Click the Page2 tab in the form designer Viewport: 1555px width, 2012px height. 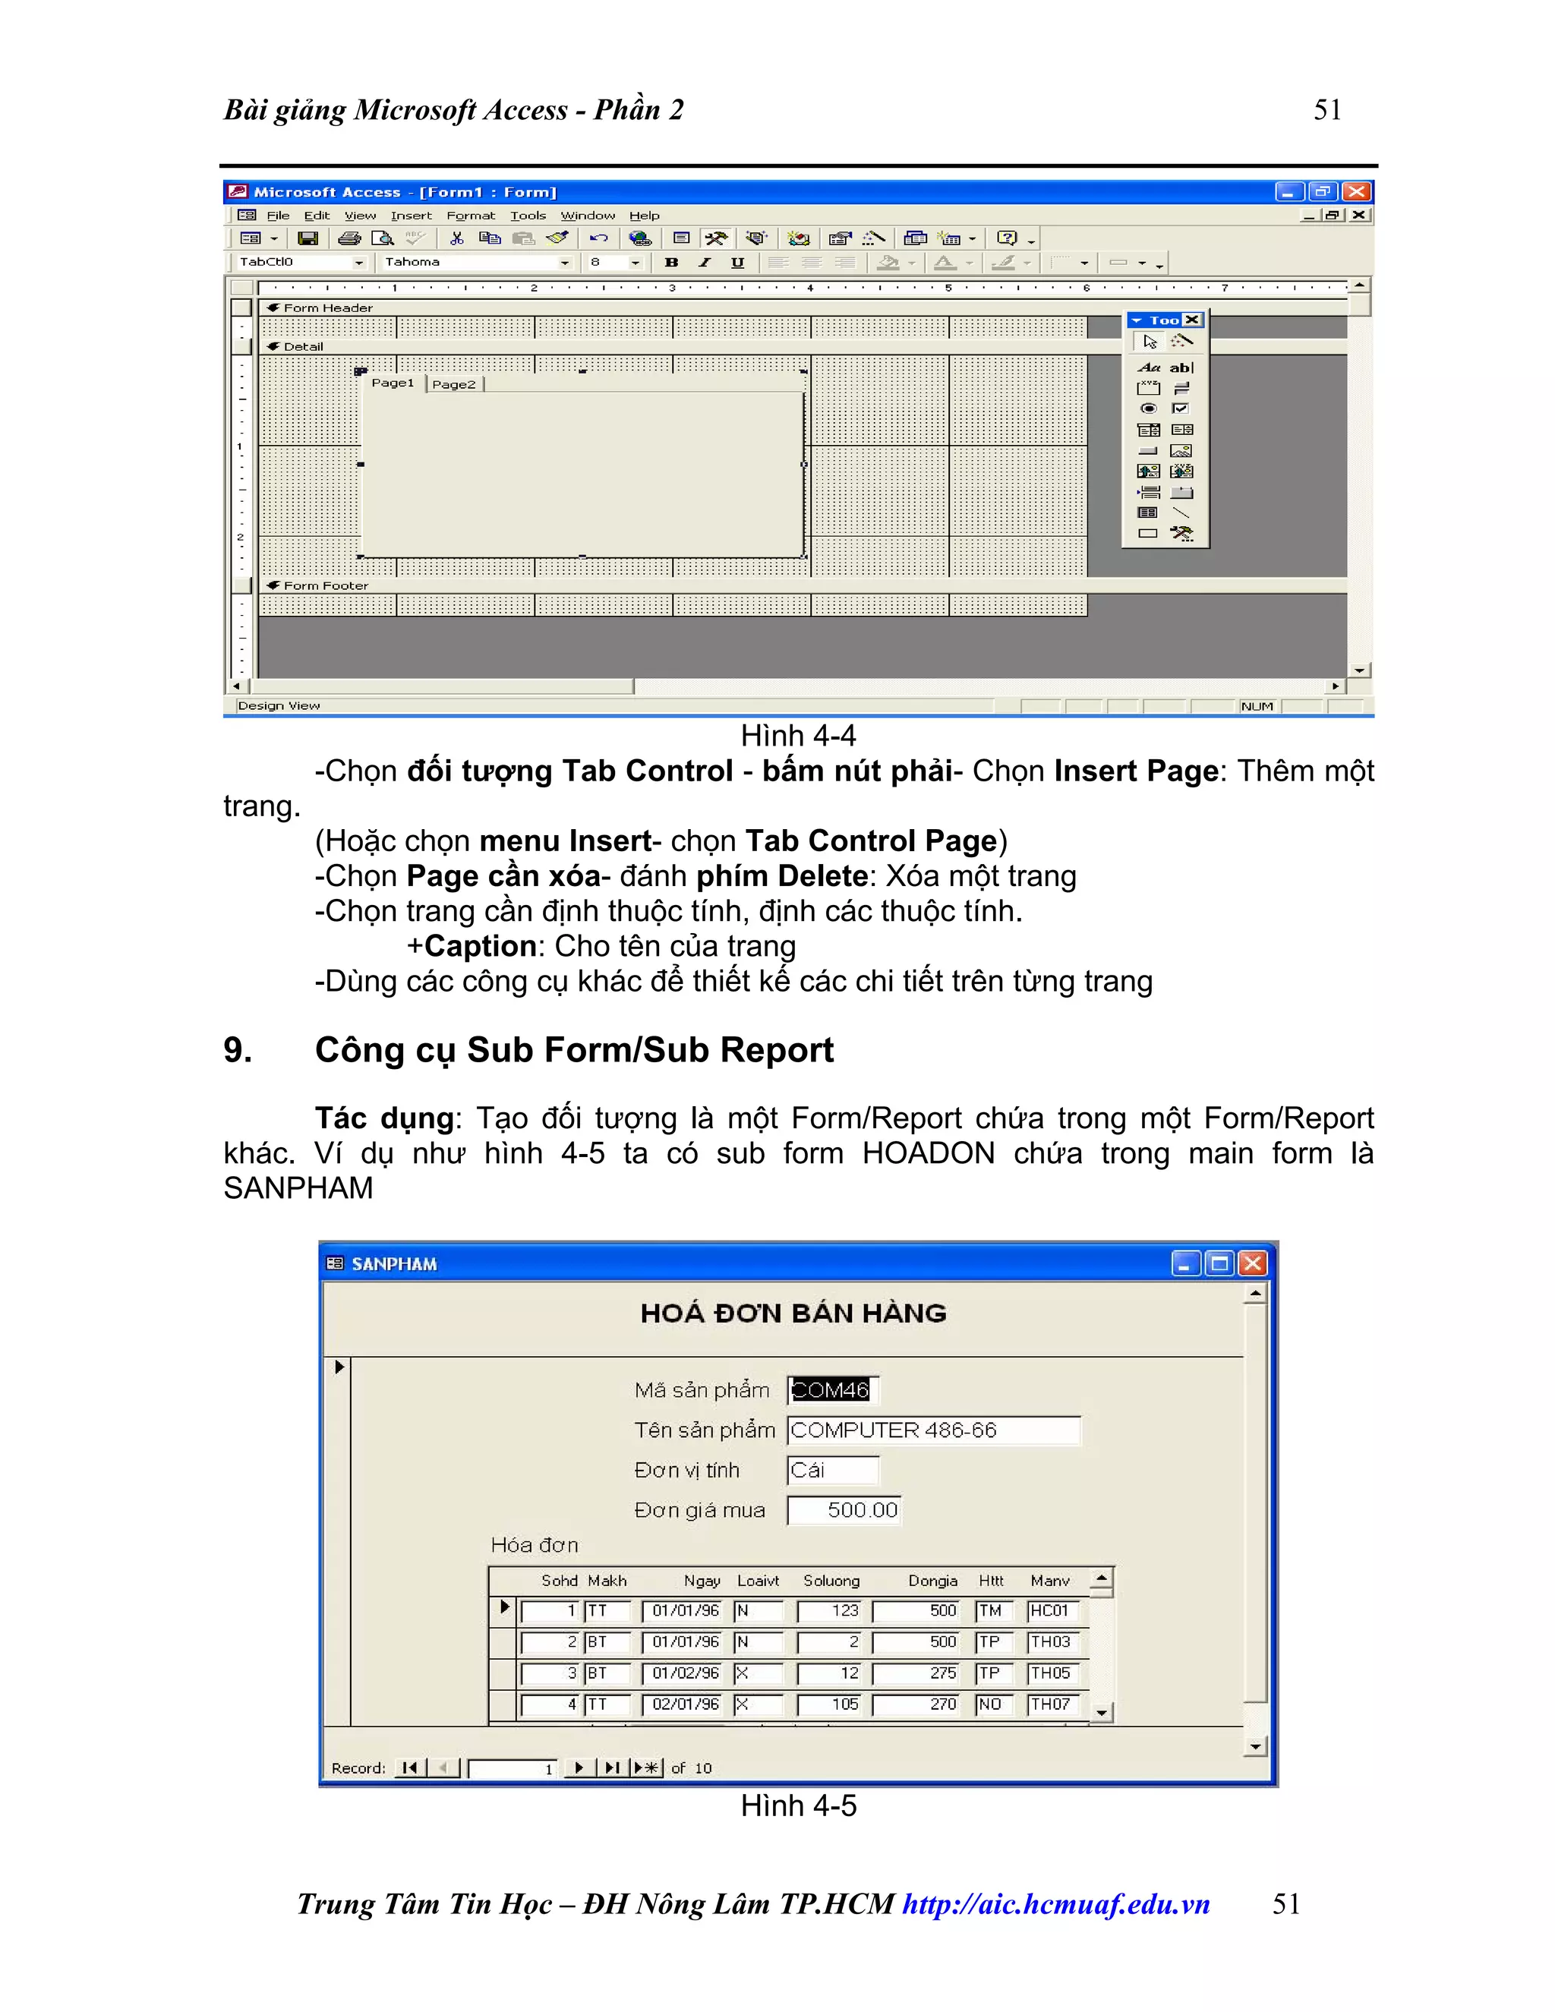click(454, 384)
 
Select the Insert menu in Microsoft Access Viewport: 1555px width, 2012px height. click(411, 216)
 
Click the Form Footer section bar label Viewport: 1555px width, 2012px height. click(325, 586)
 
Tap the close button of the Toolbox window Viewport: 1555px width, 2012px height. click(1192, 320)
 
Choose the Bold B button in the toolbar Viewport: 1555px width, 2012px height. click(671, 263)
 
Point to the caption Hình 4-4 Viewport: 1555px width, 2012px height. click(798, 736)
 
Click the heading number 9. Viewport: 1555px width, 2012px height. click(238, 1050)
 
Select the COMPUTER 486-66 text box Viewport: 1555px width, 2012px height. click(932, 1430)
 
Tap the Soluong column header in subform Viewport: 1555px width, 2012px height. click(831, 1581)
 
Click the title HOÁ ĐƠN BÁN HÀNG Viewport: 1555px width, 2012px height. click(793, 1313)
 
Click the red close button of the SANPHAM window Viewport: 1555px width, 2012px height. click(1252, 1264)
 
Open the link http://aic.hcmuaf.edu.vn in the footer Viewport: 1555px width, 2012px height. click(1055, 1904)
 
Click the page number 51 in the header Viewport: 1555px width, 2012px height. click(1326, 109)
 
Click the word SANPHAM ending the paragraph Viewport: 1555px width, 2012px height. click(298, 1188)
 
